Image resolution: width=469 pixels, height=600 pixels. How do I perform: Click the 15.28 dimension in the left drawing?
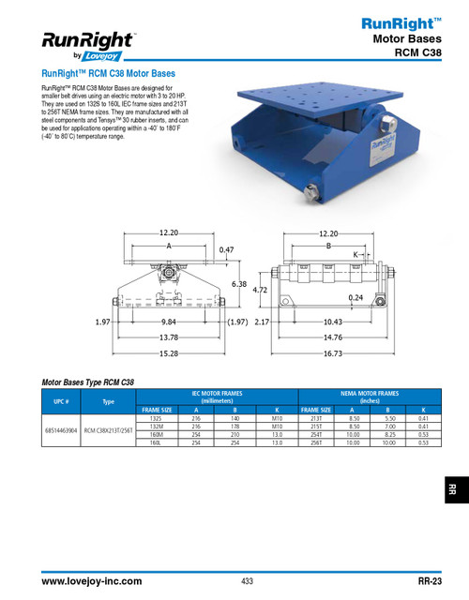coord(169,352)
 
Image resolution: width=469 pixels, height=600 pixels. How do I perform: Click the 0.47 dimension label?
coord(226,250)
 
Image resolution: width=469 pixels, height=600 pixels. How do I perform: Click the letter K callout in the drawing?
coord(356,254)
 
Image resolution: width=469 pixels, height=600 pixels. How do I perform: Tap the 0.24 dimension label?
coord(356,297)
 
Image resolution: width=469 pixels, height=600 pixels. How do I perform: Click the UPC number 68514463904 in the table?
coord(62,431)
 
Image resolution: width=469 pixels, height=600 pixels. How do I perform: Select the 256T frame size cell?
coord(313,442)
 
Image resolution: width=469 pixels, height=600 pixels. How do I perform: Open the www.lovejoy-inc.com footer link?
coord(91,582)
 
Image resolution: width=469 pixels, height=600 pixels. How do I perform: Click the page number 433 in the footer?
coord(247,582)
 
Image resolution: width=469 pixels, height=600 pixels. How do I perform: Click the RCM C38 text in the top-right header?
coord(409,52)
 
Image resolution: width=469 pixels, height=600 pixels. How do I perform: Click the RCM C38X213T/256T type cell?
coord(109,431)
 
